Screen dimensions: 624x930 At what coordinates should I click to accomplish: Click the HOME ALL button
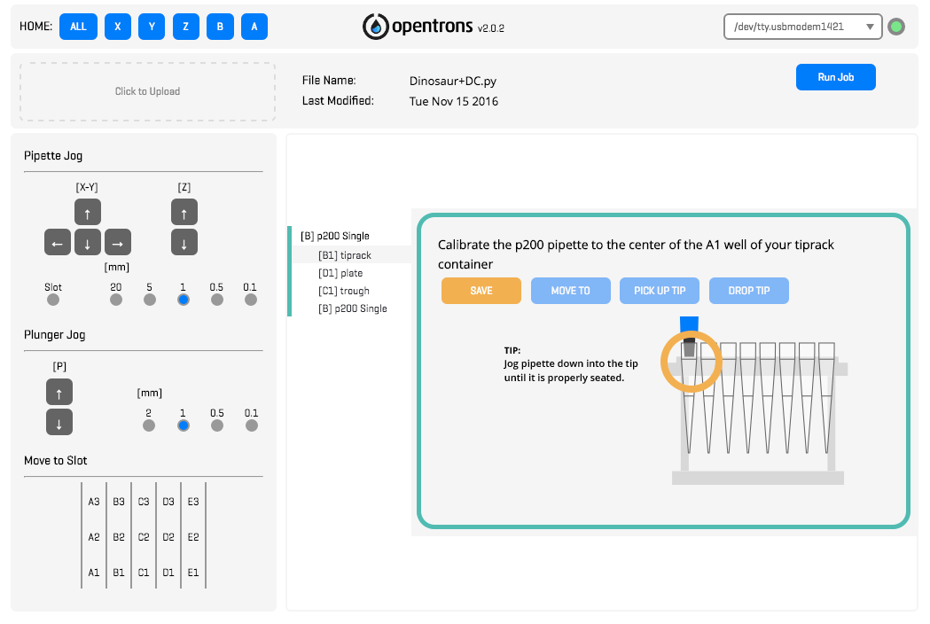pos(78,27)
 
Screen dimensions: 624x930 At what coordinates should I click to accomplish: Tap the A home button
pos(254,27)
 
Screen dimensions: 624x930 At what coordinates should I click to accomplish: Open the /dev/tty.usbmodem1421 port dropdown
pos(802,27)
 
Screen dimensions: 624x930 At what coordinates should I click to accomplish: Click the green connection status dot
pos(896,27)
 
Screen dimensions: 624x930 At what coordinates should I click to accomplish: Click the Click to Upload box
pos(147,91)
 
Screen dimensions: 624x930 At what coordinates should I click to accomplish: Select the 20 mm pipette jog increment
pos(116,300)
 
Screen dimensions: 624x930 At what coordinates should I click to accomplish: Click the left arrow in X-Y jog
pos(58,242)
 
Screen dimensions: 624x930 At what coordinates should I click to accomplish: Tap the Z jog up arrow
pos(184,212)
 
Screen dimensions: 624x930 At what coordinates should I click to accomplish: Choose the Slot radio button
pos(53,300)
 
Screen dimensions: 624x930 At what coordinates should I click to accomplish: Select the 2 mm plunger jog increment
pos(149,425)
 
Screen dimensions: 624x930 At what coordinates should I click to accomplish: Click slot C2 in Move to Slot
pos(144,536)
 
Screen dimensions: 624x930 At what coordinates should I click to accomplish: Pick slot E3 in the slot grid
pos(193,501)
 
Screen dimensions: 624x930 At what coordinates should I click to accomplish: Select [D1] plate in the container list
pos(340,273)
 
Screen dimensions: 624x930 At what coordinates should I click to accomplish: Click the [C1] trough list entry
pos(343,291)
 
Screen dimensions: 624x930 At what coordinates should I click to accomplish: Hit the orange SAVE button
pos(481,291)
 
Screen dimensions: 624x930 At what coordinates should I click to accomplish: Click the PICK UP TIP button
pos(660,291)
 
